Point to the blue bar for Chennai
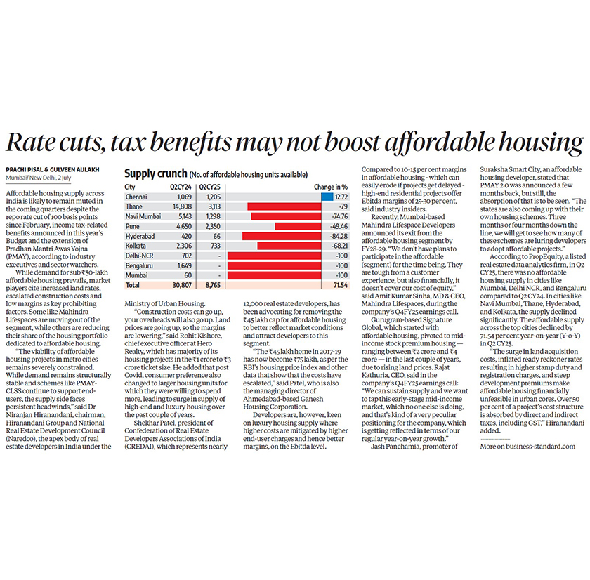click(x=327, y=197)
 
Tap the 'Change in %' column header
click(x=331, y=187)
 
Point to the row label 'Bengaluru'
click(x=138, y=267)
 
